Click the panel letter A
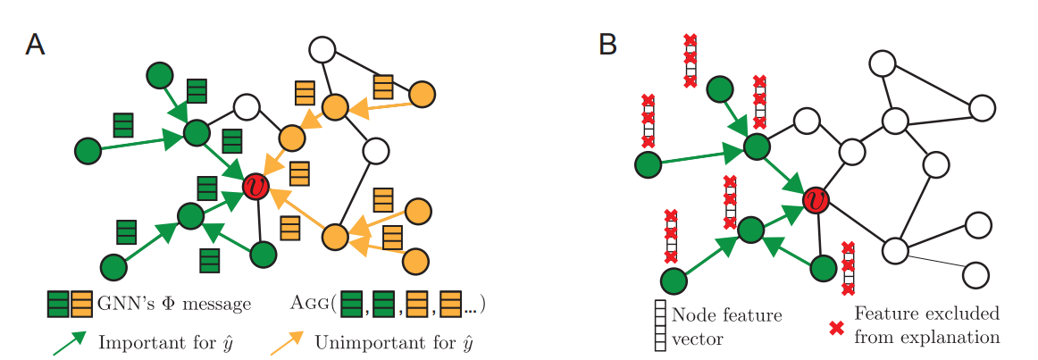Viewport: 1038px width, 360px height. point(35,45)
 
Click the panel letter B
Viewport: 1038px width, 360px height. point(607,45)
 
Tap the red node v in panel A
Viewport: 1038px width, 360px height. point(257,187)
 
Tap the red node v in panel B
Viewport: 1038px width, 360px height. point(815,200)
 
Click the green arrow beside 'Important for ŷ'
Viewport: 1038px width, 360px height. point(71,342)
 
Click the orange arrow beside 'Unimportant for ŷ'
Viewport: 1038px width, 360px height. point(286,342)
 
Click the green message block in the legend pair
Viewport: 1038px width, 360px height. point(59,305)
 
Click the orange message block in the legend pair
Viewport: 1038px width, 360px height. point(82,305)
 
